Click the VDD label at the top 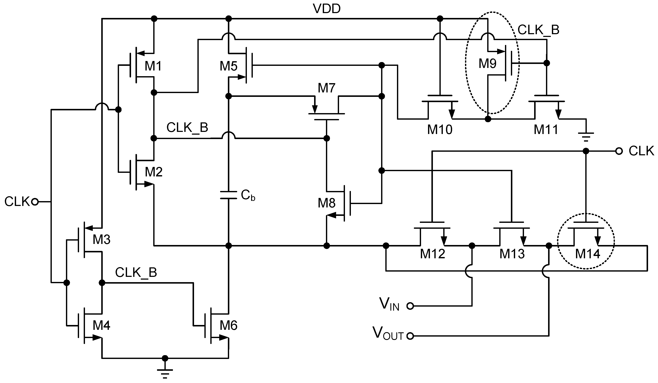[326, 9]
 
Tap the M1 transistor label [153, 66]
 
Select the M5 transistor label [228, 66]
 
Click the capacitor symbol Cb [228, 195]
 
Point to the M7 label [326, 88]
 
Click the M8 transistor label [326, 203]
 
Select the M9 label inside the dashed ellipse [487, 64]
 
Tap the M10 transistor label [440, 130]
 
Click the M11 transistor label [546, 130]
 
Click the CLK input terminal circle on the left [35, 202]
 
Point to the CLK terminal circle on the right [619, 151]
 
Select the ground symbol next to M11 [586, 136]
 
